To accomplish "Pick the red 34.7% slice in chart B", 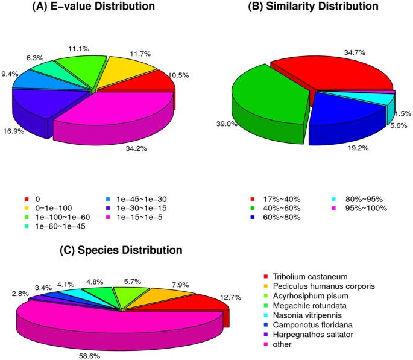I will point(338,72).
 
